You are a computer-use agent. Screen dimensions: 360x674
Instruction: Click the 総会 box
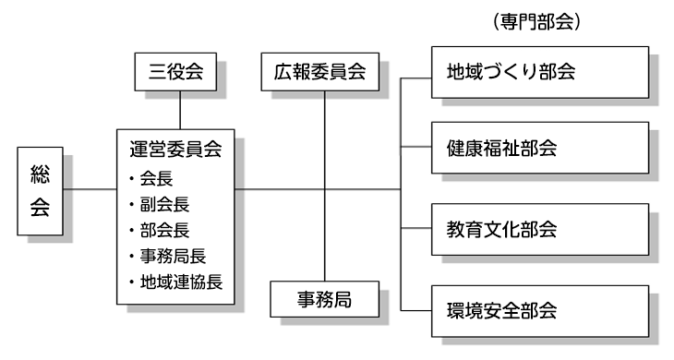(40, 190)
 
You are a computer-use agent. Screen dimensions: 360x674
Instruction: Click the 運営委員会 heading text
(175, 148)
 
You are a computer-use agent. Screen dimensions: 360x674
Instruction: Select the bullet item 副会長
(162, 204)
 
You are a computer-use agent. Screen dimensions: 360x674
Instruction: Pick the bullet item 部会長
(162, 230)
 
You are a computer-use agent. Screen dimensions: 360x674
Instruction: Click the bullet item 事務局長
(172, 256)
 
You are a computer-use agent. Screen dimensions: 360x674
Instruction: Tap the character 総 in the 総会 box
(40, 174)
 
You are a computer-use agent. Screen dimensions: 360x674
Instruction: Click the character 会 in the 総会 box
(40, 207)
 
